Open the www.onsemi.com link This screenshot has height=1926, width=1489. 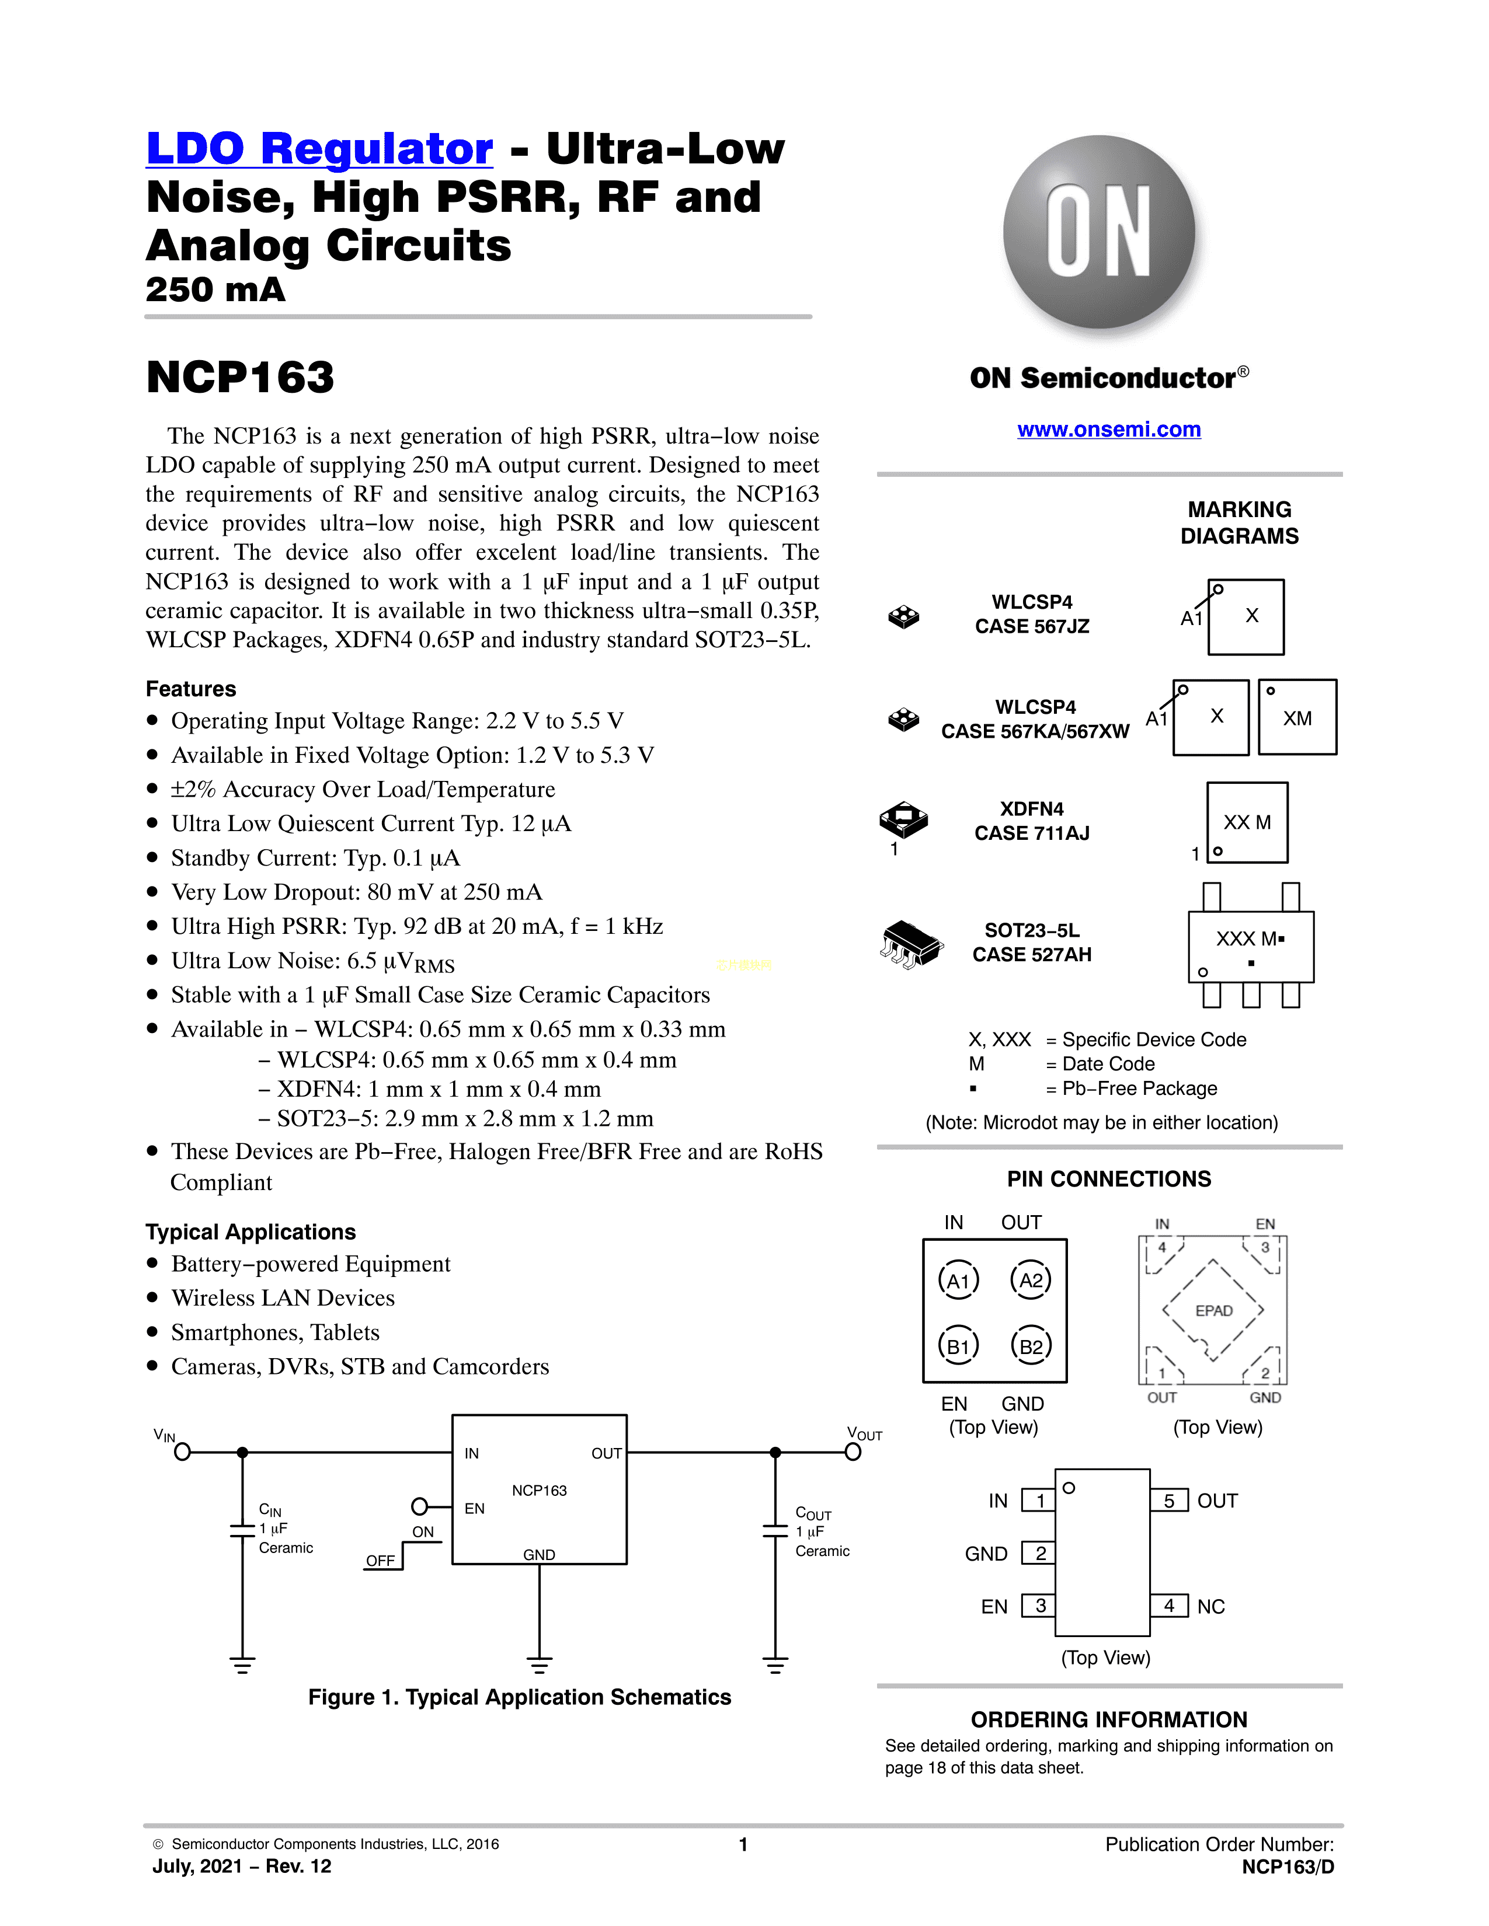point(1109,430)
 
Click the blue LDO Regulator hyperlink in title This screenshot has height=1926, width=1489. point(319,148)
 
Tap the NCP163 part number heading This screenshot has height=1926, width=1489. point(240,378)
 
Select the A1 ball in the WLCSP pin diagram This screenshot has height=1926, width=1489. point(959,1280)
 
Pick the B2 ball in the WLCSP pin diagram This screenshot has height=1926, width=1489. point(1031,1346)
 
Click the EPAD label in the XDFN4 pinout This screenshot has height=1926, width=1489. point(1214,1310)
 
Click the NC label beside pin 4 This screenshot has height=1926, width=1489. point(1211,1607)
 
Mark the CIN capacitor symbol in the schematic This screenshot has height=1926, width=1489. point(242,1529)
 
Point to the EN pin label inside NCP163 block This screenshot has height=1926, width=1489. point(475,1509)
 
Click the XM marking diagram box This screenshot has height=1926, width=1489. point(1297,718)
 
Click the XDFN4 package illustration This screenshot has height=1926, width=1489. point(903,819)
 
